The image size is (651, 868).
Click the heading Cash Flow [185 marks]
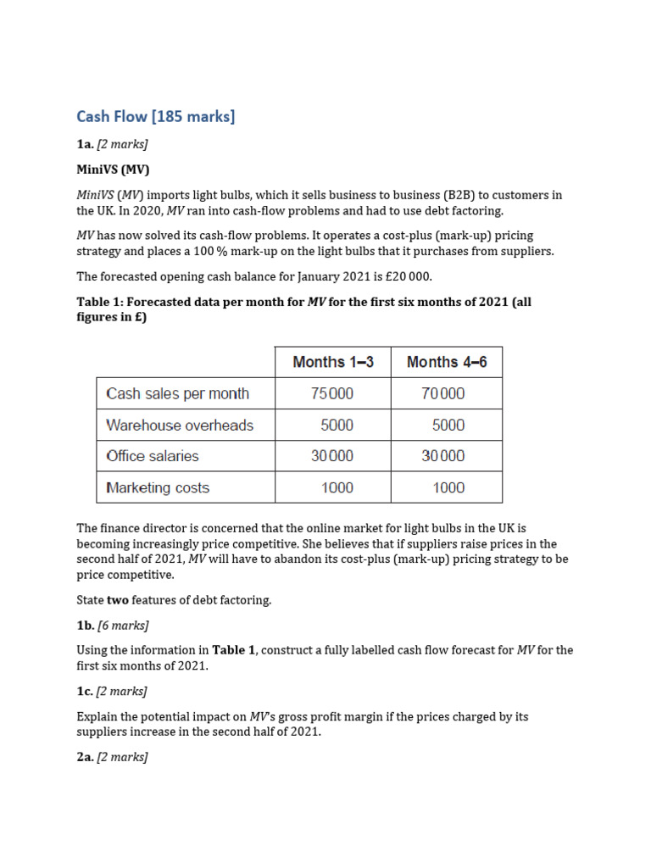tap(155, 117)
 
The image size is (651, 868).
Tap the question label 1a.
tap(86, 144)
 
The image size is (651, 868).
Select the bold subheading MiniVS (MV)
tap(113, 169)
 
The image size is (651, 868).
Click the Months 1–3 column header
tap(333, 362)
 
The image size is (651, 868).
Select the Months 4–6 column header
tap(447, 362)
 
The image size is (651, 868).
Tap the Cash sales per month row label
tap(177, 393)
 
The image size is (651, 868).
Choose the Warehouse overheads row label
tap(180, 425)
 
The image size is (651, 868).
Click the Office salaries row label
tap(153, 456)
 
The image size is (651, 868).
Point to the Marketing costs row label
tap(158, 487)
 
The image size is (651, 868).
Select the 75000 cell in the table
tap(332, 393)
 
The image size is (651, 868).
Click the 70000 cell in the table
tap(443, 393)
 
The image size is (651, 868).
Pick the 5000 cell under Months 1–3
tap(337, 425)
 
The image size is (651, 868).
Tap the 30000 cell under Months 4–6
tap(443, 456)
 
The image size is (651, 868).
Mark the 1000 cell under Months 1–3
tap(337, 487)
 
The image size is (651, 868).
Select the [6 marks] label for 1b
tap(123, 626)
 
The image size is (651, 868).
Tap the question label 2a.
tap(86, 758)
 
